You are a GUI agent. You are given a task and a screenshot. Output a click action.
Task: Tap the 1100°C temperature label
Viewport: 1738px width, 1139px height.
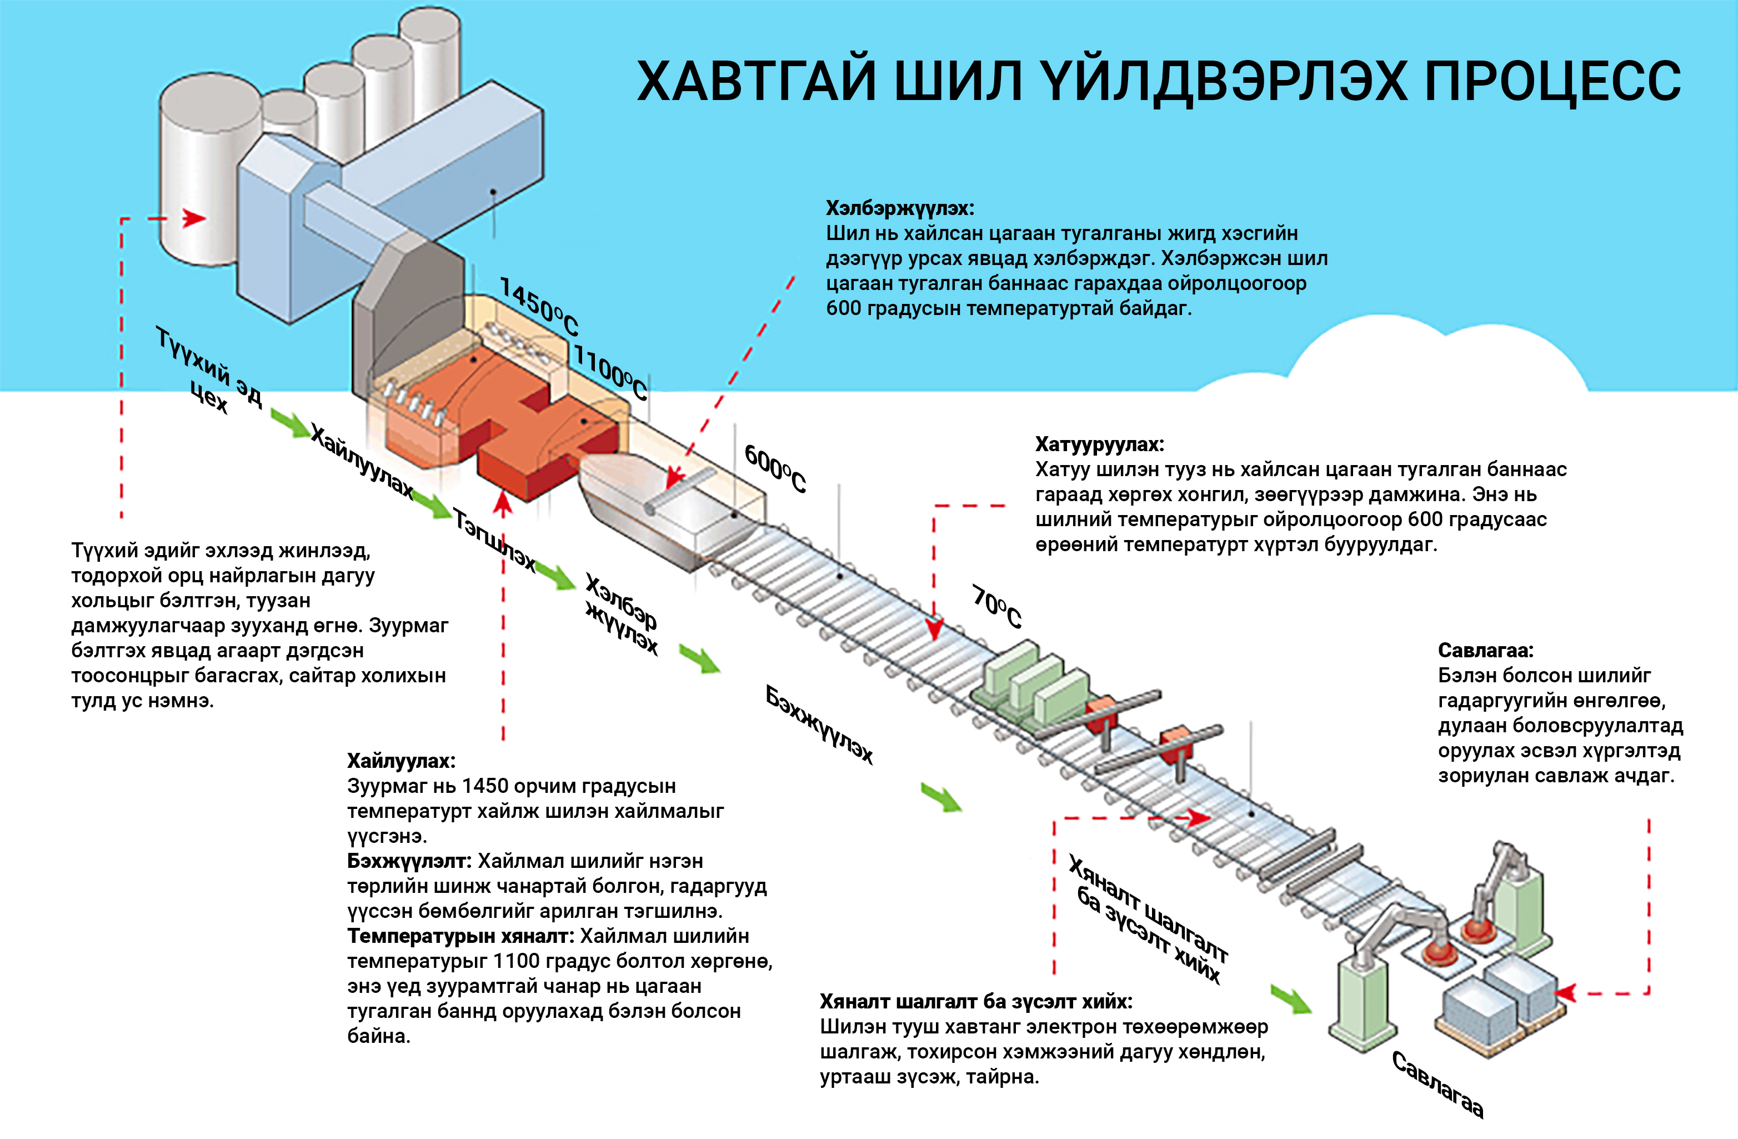point(610,373)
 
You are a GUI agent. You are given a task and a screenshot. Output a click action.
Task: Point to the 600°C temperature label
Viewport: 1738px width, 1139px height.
point(775,468)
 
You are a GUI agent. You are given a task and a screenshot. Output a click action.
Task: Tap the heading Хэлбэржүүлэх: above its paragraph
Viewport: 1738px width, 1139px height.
point(900,208)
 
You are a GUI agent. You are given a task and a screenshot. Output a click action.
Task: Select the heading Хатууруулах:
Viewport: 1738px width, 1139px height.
point(1099,444)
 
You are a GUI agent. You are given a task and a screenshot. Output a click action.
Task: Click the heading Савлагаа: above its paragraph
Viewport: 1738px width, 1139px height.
point(1485,650)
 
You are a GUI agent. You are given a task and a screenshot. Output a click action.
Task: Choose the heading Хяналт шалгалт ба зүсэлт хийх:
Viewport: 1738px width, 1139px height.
point(975,1001)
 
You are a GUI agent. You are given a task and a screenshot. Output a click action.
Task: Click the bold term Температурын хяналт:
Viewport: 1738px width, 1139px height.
point(461,936)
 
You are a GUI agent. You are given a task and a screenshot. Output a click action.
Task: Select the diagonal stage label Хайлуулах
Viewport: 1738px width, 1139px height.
point(362,460)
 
